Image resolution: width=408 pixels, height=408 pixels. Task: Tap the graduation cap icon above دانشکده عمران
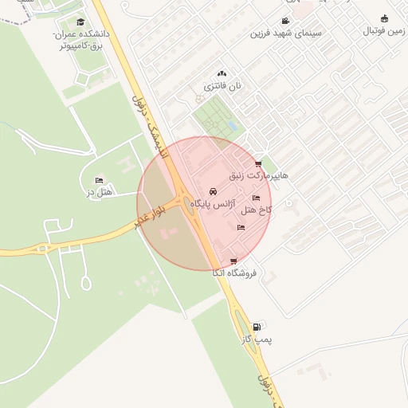click(x=80, y=22)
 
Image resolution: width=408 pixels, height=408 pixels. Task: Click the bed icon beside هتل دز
click(x=99, y=180)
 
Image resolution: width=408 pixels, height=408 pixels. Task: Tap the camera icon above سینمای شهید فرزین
click(x=285, y=22)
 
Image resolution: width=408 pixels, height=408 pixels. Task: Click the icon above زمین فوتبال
click(x=385, y=18)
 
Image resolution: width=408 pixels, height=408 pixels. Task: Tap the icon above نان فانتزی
click(x=222, y=73)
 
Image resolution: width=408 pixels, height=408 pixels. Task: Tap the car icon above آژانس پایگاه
click(x=213, y=192)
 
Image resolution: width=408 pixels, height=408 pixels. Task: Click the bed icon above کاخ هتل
click(x=256, y=198)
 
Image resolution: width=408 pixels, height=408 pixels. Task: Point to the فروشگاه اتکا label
click(x=234, y=273)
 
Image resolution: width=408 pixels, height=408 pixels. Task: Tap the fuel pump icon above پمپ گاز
click(x=256, y=327)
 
